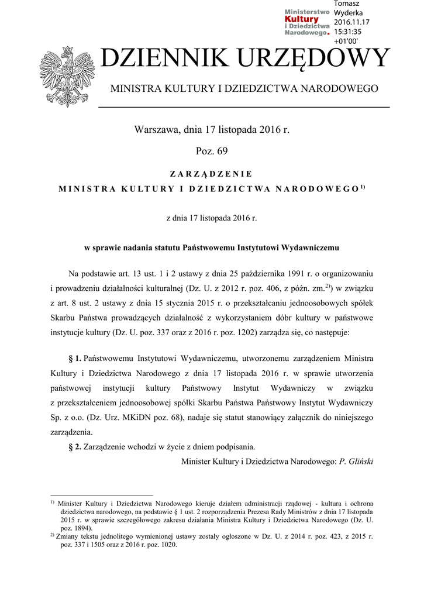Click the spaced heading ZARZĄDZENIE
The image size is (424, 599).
pyautogui.click(x=211, y=174)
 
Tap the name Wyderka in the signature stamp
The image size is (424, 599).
pyautogui.click(x=348, y=13)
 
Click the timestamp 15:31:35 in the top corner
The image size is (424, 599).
pyautogui.click(x=348, y=32)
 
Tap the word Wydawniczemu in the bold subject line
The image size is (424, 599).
pyautogui.click(x=311, y=247)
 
